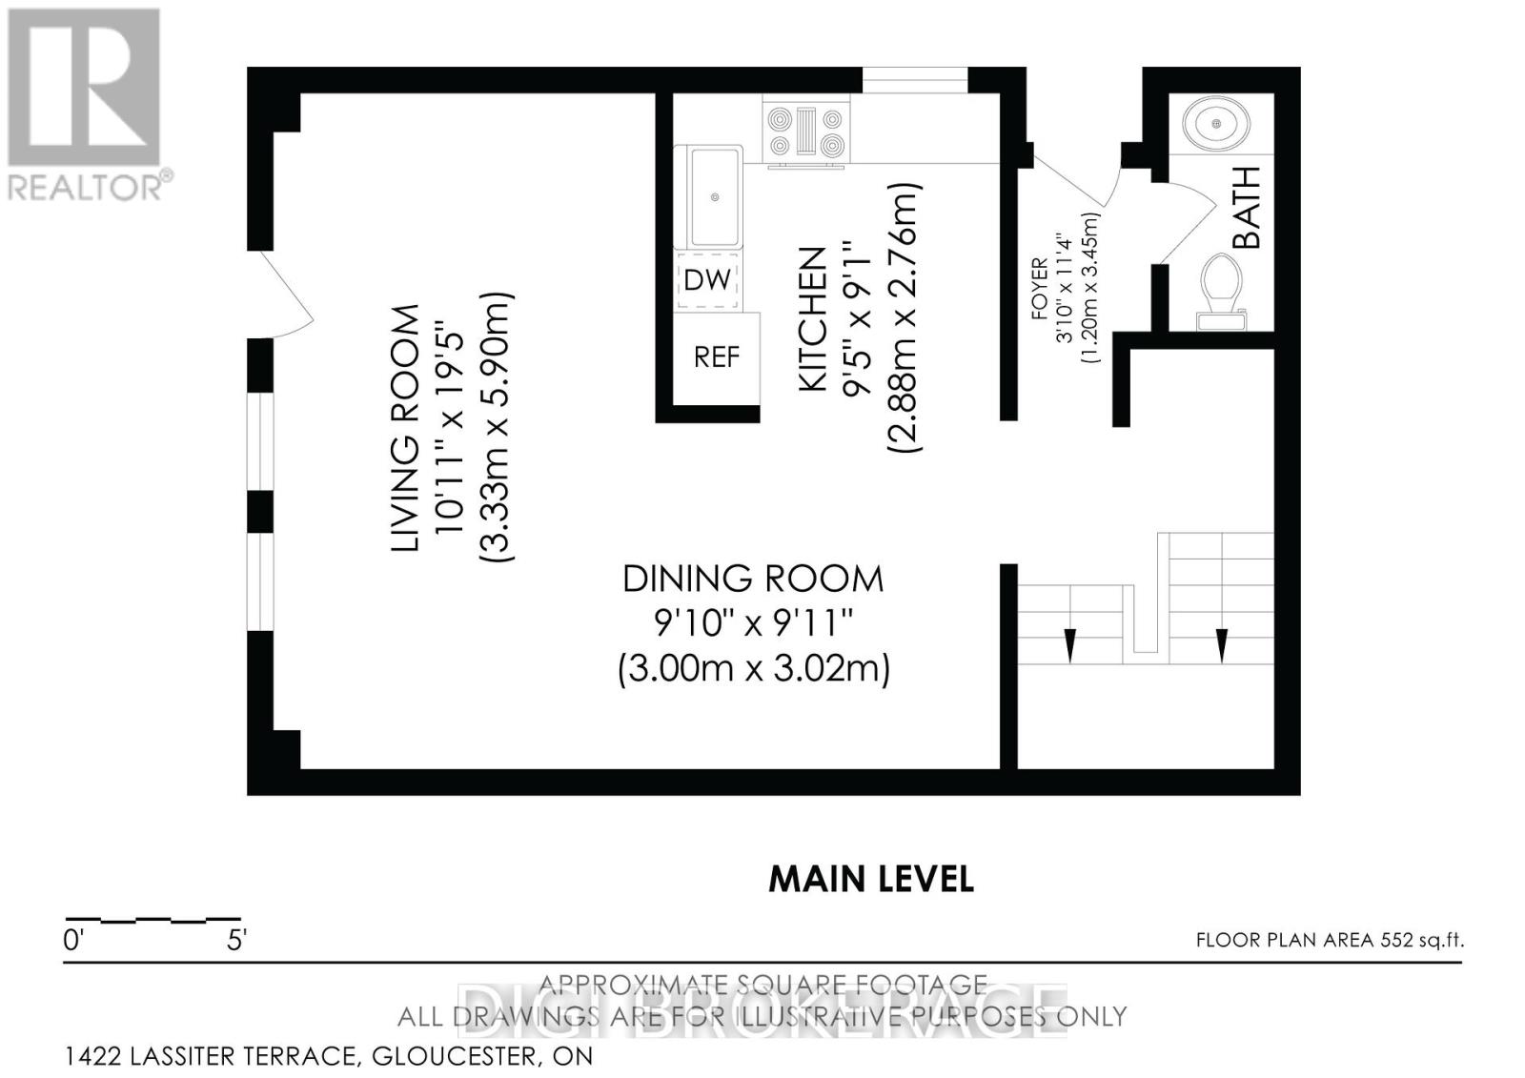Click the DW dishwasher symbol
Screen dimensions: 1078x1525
pyautogui.click(x=708, y=280)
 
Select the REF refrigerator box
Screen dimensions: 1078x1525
pyautogui.click(x=716, y=357)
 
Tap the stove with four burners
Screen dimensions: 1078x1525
pyautogui.click(x=806, y=132)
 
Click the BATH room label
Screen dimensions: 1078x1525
pyautogui.click(x=1247, y=207)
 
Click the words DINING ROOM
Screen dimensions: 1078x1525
pyautogui.click(x=753, y=579)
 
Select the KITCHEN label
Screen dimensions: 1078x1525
pyautogui.click(x=812, y=318)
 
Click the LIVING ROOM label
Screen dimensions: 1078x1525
pyautogui.click(x=406, y=428)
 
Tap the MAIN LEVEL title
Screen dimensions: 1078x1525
pyautogui.click(x=871, y=879)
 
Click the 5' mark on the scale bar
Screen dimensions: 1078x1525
pyautogui.click(x=236, y=941)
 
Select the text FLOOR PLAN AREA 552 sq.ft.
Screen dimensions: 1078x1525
pyautogui.click(x=1330, y=941)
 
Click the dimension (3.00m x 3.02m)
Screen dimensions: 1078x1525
pyautogui.click(x=753, y=667)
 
